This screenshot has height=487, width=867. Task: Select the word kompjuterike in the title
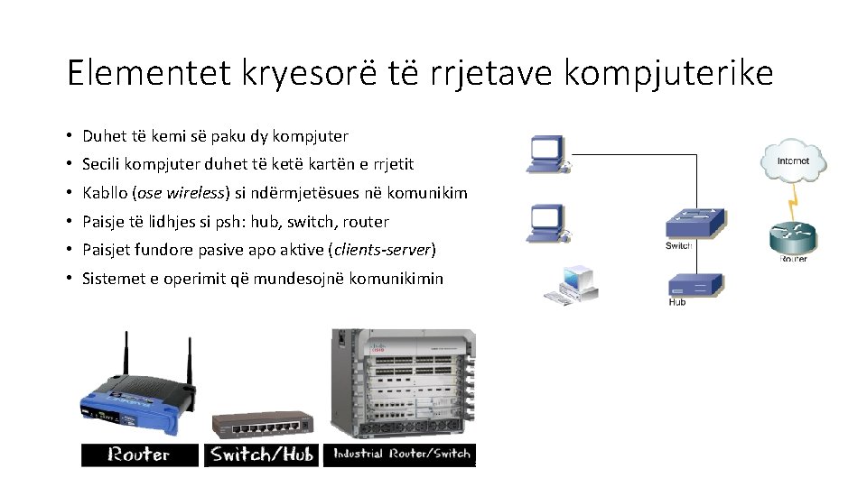pos(668,73)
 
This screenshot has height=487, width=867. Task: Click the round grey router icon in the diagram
pos(791,236)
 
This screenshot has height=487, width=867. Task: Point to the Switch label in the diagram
pos(678,245)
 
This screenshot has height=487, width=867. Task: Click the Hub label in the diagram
pos(677,302)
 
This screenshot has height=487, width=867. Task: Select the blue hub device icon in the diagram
pos(695,286)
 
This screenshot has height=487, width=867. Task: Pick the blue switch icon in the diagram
pos(695,222)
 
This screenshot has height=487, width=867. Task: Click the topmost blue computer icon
pos(547,154)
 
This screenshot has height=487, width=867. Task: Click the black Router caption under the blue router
pos(139,455)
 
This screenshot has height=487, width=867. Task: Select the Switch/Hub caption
pos(262,455)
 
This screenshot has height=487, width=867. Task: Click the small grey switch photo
pos(262,423)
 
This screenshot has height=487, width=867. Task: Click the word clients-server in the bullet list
pos(383,250)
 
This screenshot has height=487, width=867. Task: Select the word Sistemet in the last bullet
pos(115,278)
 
